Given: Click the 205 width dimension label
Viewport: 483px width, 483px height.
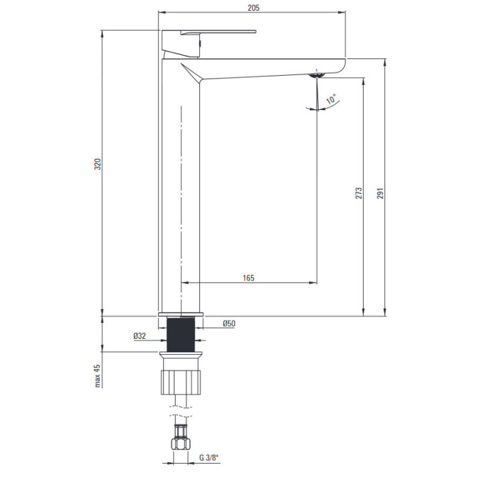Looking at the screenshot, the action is [254, 7].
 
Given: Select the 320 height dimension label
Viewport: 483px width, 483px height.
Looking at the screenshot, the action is [98, 164].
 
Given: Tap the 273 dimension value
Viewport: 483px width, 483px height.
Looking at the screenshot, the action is [359, 193].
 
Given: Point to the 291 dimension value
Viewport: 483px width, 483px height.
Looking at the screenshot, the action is [381, 193].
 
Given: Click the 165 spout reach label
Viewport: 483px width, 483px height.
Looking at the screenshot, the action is [249, 278].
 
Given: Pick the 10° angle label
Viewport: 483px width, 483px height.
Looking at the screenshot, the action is [332, 99].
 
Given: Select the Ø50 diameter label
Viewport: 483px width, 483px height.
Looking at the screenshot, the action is [229, 323].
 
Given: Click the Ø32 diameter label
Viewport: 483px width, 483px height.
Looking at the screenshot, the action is [140, 336].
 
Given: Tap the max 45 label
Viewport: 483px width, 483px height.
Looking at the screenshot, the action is [98, 376].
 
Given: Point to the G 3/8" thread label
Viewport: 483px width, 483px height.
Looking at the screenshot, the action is [209, 458].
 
